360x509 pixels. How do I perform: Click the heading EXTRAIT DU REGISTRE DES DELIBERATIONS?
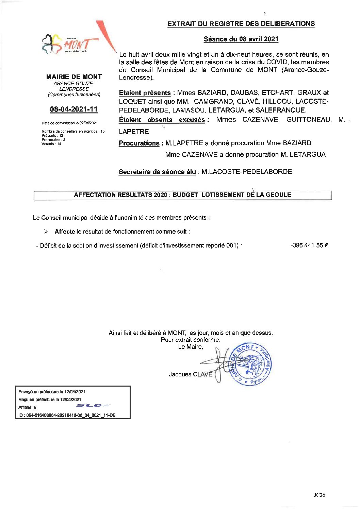tap(241, 24)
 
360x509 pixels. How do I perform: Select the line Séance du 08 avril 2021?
tap(241, 39)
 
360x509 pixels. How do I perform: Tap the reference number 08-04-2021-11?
tap(74, 109)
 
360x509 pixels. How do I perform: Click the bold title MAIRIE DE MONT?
tap(74, 77)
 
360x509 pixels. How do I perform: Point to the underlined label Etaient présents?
tap(145, 93)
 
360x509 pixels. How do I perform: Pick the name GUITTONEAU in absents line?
tap(309, 120)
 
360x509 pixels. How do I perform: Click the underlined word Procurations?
tap(139, 143)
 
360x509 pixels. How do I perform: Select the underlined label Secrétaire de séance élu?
tap(157, 172)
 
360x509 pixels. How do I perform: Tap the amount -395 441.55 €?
tap(309, 245)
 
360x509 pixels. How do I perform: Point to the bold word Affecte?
tap(65, 232)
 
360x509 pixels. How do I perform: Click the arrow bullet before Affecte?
tap(46, 232)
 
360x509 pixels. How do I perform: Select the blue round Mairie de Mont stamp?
tap(251, 364)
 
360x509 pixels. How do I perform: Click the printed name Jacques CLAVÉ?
tap(190, 374)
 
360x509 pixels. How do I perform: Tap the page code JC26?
tap(319, 495)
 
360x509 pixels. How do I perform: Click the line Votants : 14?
tap(51, 144)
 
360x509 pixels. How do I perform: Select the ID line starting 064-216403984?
tap(67, 415)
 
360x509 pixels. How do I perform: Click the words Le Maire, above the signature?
tap(191, 347)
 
